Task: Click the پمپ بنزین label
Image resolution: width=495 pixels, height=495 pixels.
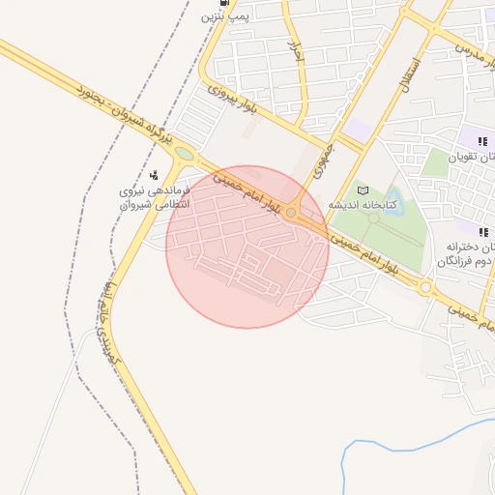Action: click(225, 16)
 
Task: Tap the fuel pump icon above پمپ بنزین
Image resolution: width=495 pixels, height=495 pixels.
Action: click(226, 3)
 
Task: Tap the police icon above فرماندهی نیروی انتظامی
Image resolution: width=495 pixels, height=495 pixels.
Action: click(154, 175)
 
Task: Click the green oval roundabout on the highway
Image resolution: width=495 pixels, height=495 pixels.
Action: click(184, 153)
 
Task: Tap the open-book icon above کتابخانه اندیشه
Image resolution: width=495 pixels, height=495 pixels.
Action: click(363, 189)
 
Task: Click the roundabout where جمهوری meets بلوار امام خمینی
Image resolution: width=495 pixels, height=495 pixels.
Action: click(291, 213)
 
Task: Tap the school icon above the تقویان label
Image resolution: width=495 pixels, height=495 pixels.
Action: click(482, 141)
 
